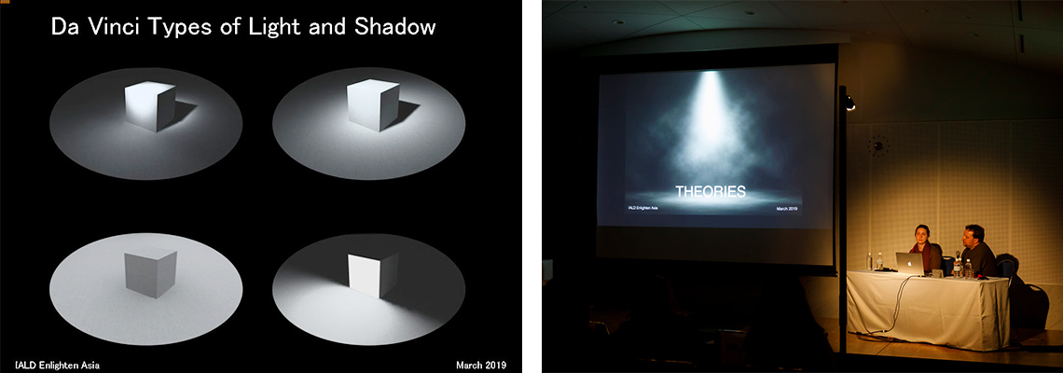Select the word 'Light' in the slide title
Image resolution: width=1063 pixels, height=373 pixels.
tap(272, 29)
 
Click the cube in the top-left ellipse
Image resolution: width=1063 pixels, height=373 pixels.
tap(150, 106)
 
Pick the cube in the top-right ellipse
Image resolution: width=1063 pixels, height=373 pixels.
tap(373, 105)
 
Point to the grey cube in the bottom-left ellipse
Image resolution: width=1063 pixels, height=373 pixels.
tap(150, 272)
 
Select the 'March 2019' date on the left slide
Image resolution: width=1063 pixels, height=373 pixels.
tap(480, 366)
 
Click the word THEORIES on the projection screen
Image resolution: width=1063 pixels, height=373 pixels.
tap(711, 192)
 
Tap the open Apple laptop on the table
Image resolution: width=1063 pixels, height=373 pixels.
tap(910, 263)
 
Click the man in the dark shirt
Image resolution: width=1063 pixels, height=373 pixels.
tap(976, 251)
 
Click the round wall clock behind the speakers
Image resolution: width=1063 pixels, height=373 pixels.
tap(878, 145)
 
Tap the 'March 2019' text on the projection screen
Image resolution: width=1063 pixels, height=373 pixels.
tap(787, 209)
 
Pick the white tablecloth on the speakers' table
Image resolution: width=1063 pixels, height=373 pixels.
tap(928, 309)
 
